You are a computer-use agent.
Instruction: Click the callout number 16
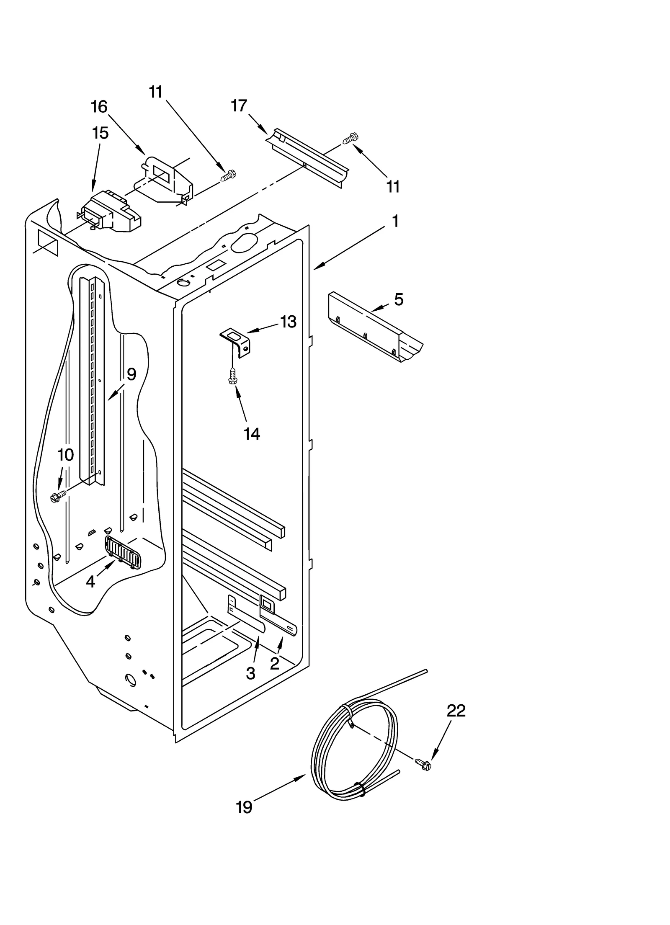point(99,107)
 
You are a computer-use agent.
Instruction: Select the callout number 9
point(131,374)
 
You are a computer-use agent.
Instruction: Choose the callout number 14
point(252,434)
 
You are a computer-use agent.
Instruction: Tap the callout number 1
point(395,221)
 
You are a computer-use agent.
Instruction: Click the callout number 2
point(274,664)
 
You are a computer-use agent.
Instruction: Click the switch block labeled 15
point(111,214)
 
